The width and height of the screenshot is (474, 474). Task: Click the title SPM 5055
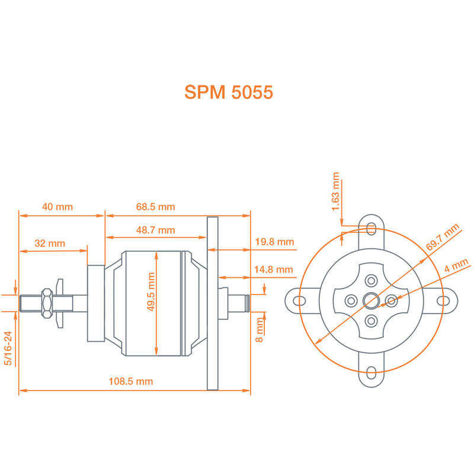tap(229, 93)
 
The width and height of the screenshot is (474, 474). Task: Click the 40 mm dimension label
tap(57, 207)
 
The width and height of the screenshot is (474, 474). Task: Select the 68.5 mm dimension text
tap(155, 207)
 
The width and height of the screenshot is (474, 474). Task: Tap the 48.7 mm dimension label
tap(155, 230)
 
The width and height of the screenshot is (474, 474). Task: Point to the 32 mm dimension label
tap(49, 244)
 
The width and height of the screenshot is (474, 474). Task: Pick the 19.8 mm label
tap(274, 242)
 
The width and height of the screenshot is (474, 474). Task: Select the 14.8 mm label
tap(274, 270)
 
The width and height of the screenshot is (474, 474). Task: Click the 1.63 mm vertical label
tap(336, 192)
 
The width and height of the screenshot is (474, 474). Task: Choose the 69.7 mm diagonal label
tap(442, 240)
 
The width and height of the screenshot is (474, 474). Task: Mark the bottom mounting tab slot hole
tap(371, 373)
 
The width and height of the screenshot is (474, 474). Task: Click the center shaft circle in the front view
tap(371, 300)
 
